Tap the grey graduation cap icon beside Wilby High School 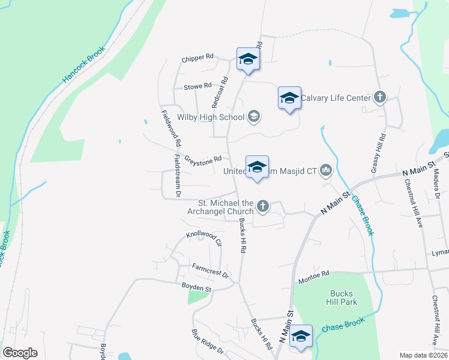coord(254,116)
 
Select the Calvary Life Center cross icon coord(379,97)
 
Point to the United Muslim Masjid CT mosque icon coord(326,171)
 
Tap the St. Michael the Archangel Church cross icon coord(262,207)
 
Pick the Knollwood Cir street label coord(204,238)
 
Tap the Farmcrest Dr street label coord(210,270)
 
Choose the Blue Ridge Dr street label coord(207,341)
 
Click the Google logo coord(20,353)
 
